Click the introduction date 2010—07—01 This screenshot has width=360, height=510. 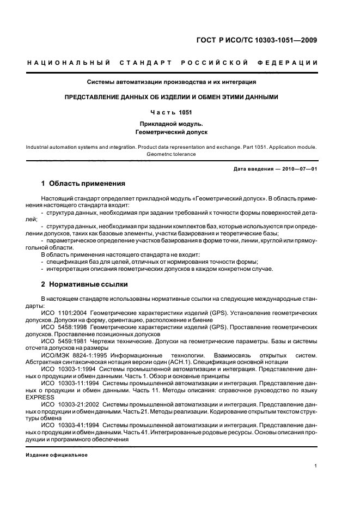pos(298,169)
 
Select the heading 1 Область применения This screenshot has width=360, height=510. pos(83,184)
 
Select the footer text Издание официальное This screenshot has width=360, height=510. pos(57,454)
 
